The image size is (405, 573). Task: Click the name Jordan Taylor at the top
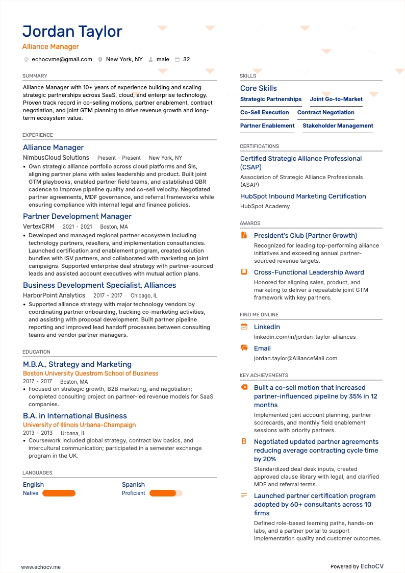pos(72,32)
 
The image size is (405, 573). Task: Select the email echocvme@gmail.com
pos(62,60)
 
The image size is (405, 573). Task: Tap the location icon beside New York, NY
pos(100,60)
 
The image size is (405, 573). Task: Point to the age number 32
pos(186,60)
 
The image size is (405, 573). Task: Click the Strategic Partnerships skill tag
pos(271,99)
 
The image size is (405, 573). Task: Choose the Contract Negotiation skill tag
pos(325,113)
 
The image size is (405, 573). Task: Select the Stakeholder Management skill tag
pos(338,126)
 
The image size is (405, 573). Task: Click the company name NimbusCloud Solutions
pos(56,158)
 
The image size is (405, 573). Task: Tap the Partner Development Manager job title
pos(77,216)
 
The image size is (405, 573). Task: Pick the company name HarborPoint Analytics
pos(54,295)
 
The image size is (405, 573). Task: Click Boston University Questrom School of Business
pos(90,373)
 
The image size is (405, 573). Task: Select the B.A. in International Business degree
pos(75,416)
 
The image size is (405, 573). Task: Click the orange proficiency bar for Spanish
pos(163,493)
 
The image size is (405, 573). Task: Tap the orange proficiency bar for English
pos(59,493)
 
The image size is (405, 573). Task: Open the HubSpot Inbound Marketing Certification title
pos(303,196)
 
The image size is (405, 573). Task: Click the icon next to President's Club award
pos(244,236)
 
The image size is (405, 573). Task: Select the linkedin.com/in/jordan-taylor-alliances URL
pos(305,337)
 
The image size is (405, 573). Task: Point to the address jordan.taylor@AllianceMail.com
pos(295,359)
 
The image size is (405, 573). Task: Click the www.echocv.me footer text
pos(41,567)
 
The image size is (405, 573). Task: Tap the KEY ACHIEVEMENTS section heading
pos(264,376)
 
